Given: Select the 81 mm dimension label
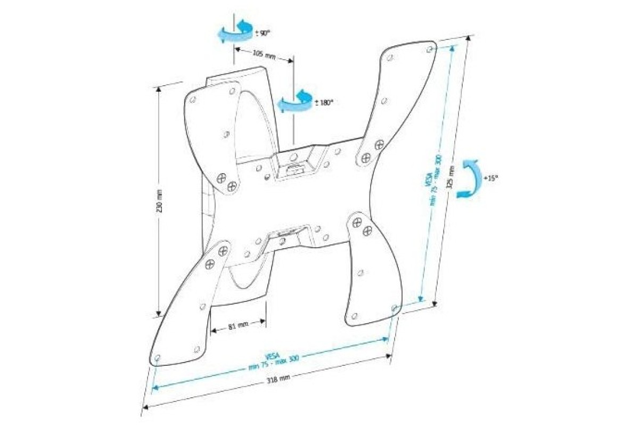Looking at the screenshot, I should click(x=238, y=326).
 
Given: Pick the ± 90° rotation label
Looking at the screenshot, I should click(x=264, y=33).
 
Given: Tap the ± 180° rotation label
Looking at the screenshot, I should click(x=323, y=103).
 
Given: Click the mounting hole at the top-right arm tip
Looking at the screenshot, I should click(x=430, y=48).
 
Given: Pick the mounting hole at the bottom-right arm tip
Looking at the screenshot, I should click(x=394, y=308).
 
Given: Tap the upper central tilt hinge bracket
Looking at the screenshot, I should click(x=293, y=162).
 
